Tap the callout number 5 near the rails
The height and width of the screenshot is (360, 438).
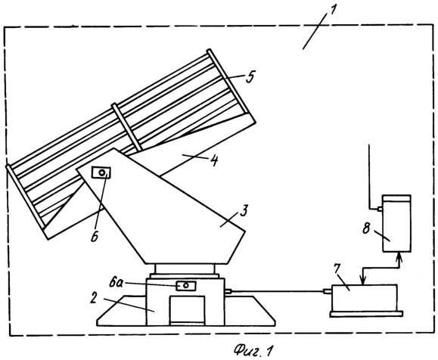pyautogui.click(x=250, y=76)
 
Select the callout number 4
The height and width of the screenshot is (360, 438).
pyautogui.click(x=213, y=160)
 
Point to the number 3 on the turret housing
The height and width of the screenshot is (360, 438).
pyautogui.click(x=244, y=211)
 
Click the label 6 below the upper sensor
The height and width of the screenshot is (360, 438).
pyautogui.click(x=95, y=236)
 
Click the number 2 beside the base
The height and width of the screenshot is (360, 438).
pyautogui.click(x=93, y=298)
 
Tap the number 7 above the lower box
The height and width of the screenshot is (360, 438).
pyautogui.click(x=337, y=268)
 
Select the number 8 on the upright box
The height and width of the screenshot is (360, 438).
pyautogui.click(x=366, y=228)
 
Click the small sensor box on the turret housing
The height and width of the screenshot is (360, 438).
pyautogui.click(x=101, y=172)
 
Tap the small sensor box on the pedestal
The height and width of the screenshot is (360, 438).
pyautogui.click(x=186, y=286)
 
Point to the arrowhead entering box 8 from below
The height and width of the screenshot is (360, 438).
pyautogui.click(x=399, y=256)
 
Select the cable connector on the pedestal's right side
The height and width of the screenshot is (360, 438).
pyautogui.click(x=228, y=291)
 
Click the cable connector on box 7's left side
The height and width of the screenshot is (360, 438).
pyautogui.click(x=327, y=291)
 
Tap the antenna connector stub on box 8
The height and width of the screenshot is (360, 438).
pyautogui.click(x=379, y=209)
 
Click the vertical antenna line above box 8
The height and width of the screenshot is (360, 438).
pyautogui.click(x=369, y=176)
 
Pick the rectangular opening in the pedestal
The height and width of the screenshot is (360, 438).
pyautogui.click(x=187, y=310)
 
